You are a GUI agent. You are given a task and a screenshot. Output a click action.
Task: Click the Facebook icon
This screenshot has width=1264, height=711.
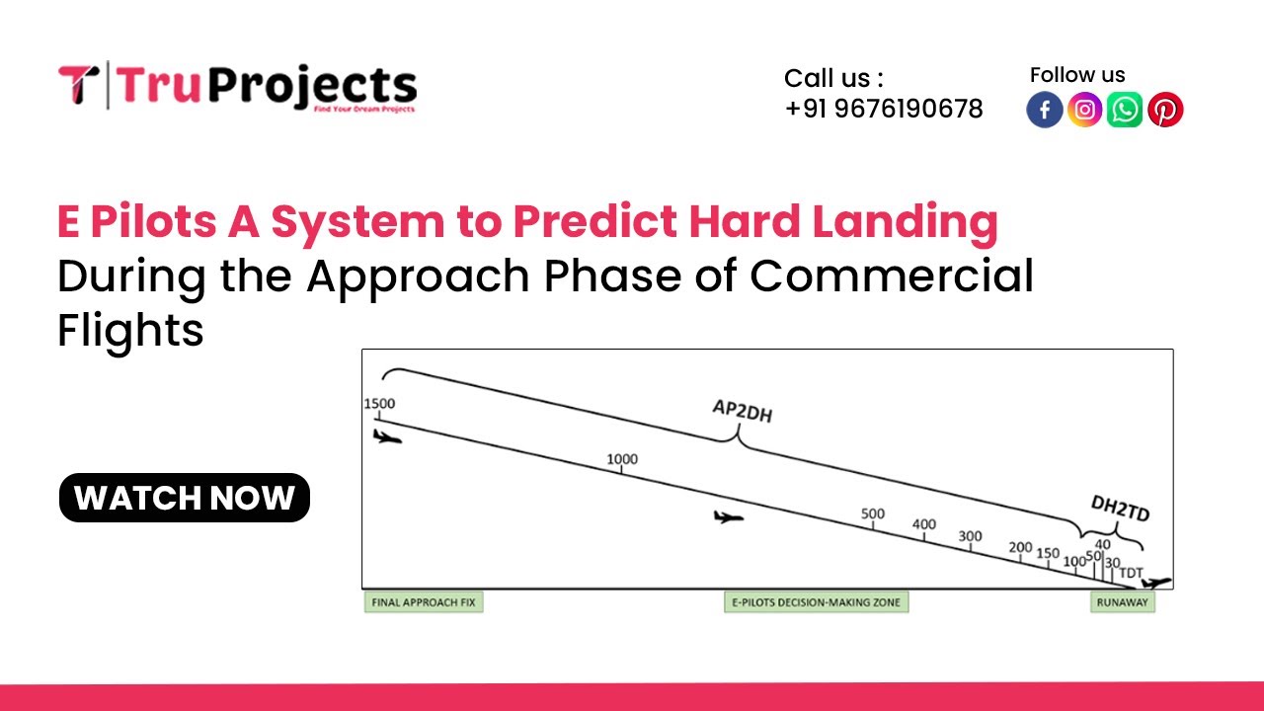tap(1045, 110)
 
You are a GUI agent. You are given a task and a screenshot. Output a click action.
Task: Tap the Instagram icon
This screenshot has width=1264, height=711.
tap(1084, 110)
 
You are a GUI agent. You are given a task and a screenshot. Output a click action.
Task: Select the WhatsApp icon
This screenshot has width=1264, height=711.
tap(1125, 110)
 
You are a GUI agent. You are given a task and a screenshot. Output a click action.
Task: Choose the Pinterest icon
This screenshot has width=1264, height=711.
tap(1165, 110)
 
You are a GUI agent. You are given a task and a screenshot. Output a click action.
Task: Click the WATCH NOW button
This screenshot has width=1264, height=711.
tap(185, 498)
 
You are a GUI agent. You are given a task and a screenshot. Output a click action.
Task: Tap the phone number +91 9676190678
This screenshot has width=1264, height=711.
tap(884, 109)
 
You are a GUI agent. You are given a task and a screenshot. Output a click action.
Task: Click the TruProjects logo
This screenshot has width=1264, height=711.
tap(237, 87)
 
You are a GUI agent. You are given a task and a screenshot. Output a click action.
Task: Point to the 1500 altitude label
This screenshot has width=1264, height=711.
tap(379, 403)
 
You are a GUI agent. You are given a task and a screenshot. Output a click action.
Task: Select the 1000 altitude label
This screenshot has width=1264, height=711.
tap(622, 459)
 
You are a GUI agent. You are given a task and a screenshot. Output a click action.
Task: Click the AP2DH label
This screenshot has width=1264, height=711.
tap(743, 411)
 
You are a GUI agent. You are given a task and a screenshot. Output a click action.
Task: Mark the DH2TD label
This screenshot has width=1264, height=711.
tap(1120, 508)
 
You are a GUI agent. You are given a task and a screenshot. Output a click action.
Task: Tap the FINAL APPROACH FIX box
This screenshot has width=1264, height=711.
tap(425, 601)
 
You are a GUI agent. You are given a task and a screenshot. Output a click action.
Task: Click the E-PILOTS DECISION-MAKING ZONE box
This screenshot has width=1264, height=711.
tap(816, 601)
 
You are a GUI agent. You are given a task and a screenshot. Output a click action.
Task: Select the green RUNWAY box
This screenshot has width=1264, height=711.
tap(1123, 601)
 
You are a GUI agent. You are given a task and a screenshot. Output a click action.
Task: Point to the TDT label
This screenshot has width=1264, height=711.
tap(1131, 573)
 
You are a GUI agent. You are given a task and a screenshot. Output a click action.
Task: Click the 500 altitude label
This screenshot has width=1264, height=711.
tap(873, 513)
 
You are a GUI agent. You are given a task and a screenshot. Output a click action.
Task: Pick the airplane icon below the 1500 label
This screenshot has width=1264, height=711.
tap(388, 436)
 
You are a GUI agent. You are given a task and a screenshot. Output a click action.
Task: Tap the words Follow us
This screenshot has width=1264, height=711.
tap(1077, 75)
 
